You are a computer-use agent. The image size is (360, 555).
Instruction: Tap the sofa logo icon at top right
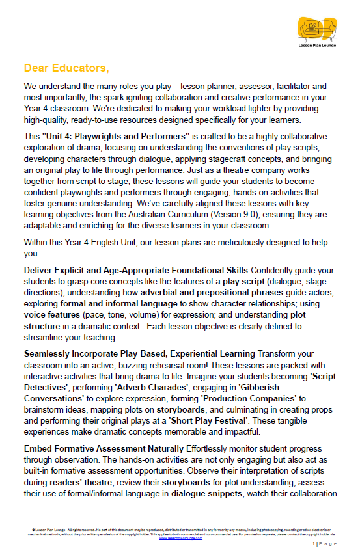click(x=315, y=29)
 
